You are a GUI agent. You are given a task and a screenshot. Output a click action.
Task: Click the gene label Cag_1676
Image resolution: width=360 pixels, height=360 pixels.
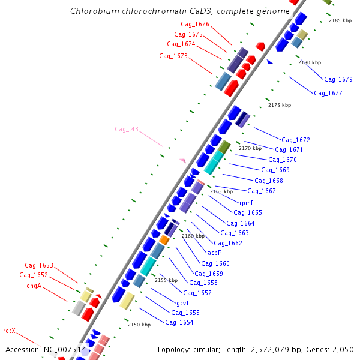click(x=195, y=25)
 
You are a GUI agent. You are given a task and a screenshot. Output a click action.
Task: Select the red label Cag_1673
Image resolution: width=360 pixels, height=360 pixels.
click(x=173, y=56)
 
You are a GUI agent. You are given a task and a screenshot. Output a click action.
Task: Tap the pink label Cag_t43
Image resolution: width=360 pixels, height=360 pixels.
click(x=127, y=129)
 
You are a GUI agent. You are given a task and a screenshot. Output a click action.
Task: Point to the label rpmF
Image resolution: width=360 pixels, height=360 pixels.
click(x=247, y=203)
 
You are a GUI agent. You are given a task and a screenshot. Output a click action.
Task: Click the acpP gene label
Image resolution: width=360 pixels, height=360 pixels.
click(x=214, y=253)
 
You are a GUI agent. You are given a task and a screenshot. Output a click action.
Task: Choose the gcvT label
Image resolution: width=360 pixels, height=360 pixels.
click(x=183, y=303)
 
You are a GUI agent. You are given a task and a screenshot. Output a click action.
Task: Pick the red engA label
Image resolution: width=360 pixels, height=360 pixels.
click(x=34, y=286)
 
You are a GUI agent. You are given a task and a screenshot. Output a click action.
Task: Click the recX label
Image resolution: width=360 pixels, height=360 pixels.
click(x=9, y=331)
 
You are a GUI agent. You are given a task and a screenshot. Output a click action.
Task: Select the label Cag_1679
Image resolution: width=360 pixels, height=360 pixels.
click(x=338, y=79)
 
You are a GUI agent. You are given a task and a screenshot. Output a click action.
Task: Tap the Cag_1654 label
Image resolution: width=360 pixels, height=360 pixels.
click(x=179, y=322)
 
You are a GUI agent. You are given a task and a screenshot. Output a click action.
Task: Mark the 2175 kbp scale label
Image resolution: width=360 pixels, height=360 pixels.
click(x=280, y=105)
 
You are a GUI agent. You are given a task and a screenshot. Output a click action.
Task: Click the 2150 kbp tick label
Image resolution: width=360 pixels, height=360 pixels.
click(x=139, y=325)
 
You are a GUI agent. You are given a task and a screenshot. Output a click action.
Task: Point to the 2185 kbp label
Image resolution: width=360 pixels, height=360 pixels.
click(x=340, y=21)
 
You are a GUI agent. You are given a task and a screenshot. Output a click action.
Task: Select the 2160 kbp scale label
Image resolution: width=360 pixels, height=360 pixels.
click(x=193, y=236)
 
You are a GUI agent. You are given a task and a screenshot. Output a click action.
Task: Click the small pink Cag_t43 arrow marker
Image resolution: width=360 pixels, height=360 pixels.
click(x=182, y=160)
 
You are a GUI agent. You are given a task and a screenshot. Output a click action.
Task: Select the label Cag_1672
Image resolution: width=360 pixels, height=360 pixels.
click(x=296, y=140)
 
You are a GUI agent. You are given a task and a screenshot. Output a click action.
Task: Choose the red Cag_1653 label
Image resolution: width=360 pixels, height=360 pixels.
click(x=39, y=265)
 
